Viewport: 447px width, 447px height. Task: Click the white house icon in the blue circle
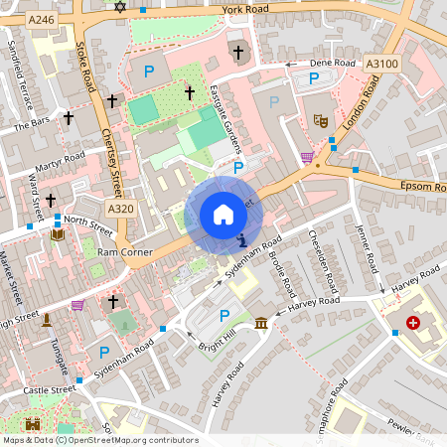coord(223,214)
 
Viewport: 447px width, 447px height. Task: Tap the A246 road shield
coord(41,19)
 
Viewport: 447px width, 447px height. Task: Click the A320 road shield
coord(120,209)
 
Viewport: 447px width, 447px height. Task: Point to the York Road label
coord(245,9)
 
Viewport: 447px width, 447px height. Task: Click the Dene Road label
coord(333,63)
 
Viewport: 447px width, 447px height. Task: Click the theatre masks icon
coord(321,119)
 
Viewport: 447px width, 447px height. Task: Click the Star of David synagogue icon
coord(121,7)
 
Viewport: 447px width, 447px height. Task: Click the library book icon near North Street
coord(58,235)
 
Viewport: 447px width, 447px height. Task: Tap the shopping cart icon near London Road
coord(307,157)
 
